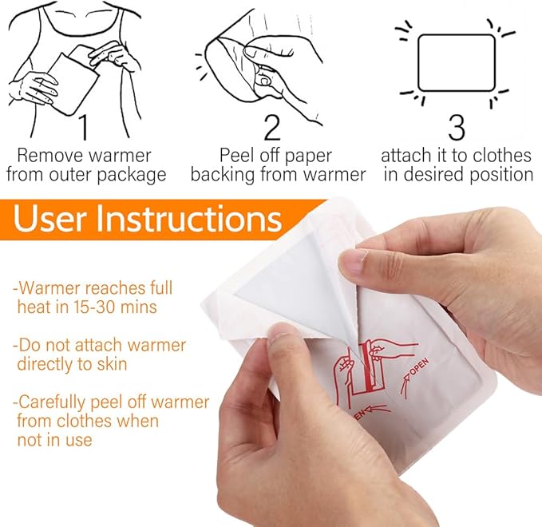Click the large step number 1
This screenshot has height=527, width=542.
84,127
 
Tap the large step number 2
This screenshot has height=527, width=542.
272,127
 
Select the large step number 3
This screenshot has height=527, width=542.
457,127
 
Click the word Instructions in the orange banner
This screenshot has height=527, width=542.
188,219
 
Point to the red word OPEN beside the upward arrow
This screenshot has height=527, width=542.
420,367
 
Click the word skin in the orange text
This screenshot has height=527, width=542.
112,364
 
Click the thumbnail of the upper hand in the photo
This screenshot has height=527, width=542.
354,261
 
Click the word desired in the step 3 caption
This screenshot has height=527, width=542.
433,175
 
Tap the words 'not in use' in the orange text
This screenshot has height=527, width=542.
54,440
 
